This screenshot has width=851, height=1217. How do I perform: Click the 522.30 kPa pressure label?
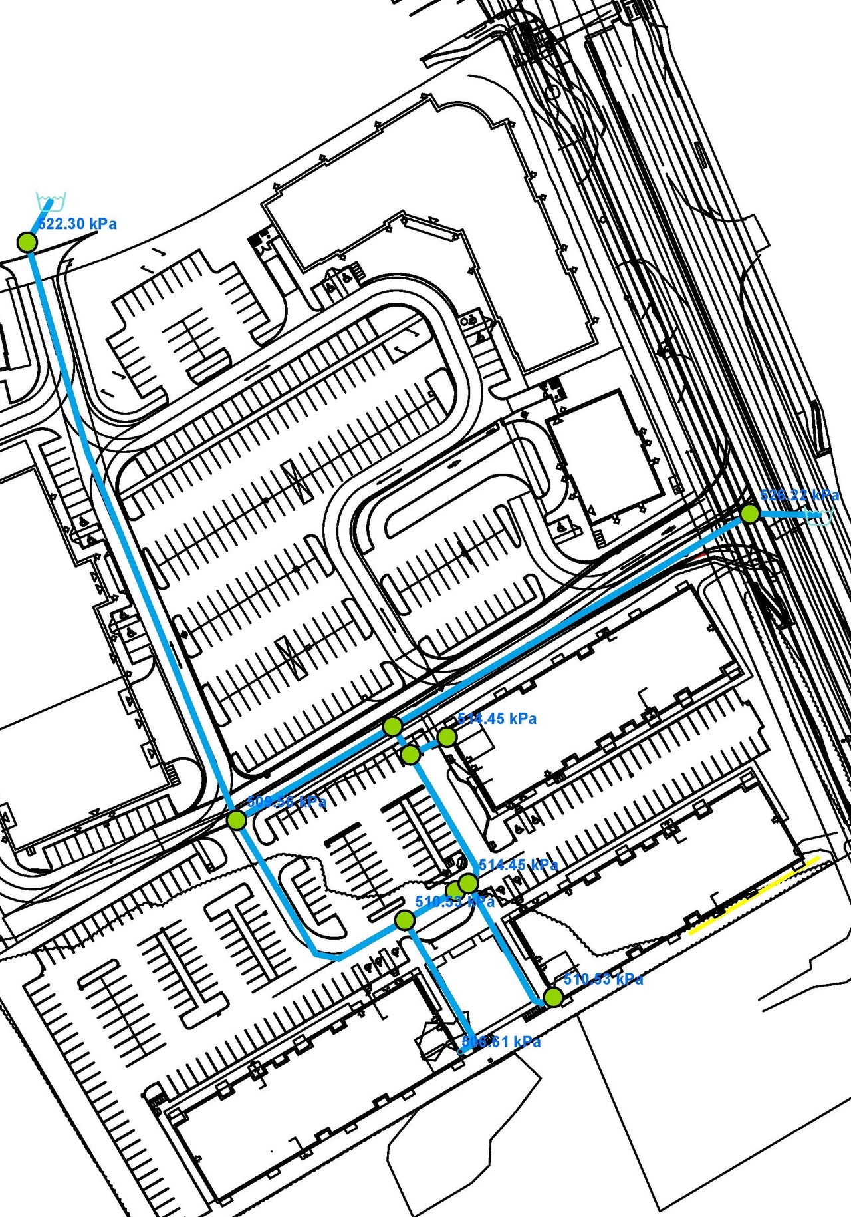77,224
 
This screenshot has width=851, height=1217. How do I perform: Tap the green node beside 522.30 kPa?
27,242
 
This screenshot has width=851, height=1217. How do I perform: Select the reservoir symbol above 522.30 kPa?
51,200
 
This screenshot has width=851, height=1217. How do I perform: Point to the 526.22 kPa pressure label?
799,496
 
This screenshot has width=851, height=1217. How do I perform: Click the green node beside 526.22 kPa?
750,514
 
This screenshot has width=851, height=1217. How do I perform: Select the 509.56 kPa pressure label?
286,802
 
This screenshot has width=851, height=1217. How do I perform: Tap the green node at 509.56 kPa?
237,820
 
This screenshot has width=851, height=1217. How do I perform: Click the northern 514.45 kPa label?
497,719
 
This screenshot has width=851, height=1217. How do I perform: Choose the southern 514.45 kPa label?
518,865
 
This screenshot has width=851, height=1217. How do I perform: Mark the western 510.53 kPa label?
455,902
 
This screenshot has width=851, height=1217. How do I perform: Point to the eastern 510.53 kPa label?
603,979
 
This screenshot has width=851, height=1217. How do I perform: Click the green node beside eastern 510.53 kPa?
553,997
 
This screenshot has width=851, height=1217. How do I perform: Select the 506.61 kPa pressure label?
501,1042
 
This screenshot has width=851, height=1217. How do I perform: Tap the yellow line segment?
754,896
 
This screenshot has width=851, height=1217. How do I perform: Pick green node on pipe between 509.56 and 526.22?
392,726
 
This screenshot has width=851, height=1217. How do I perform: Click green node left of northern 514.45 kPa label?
447,737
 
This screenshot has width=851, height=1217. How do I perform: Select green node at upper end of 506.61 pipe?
404,920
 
